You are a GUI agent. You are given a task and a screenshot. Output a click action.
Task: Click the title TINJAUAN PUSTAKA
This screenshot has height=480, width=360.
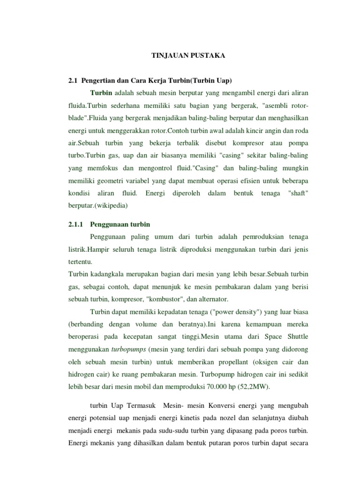(x=181, y=56)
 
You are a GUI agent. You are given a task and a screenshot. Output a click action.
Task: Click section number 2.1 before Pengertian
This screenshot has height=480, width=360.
(x=73, y=81)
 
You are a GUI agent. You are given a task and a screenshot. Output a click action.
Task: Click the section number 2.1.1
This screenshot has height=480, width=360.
(x=76, y=224)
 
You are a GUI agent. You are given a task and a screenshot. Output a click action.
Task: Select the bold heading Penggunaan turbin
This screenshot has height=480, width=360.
(x=120, y=224)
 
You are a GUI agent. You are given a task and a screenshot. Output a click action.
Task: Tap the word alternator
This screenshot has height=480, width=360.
(x=213, y=300)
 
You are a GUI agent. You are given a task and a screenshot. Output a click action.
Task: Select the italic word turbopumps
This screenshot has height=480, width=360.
(x=129, y=350)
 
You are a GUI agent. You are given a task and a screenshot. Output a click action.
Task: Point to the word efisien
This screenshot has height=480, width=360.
(x=241, y=180)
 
